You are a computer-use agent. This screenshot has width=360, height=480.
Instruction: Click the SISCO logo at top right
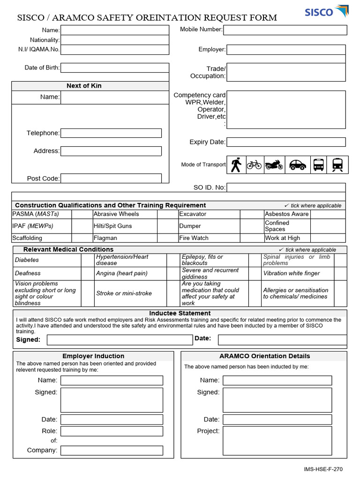tap(326, 11)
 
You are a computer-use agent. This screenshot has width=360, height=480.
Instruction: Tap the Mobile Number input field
tap(285, 30)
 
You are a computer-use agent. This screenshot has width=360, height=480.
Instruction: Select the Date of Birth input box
tap(114, 68)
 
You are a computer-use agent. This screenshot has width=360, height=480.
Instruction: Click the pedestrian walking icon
tap(236, 165)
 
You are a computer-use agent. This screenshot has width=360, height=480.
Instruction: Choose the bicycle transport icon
tap(254, 165)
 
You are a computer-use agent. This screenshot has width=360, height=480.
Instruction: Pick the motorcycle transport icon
tap(274, 165)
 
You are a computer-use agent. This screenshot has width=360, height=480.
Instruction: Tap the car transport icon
tap(297, 165)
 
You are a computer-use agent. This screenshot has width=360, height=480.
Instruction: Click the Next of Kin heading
tap(84, 86)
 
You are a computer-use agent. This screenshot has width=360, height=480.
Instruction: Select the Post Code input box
tap(111, 179)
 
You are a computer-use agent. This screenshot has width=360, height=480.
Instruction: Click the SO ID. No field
tap(286, 187)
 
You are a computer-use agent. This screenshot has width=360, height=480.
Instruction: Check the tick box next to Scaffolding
tap(82, 238)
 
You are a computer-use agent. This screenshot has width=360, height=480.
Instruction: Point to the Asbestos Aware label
tap(286, 214)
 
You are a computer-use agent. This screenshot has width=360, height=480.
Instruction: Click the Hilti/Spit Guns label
tap(112, 226)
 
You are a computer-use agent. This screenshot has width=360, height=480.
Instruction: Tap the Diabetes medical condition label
tap(27, 260)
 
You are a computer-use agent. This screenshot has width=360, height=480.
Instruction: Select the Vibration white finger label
tap(291, 273)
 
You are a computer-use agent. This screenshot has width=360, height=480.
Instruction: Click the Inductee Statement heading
tap(180, 313)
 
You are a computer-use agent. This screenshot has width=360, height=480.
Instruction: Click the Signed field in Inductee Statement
tap(120, 339)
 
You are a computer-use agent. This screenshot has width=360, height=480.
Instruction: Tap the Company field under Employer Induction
tap(112, 450)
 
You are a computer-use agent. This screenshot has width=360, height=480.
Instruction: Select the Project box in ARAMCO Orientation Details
tap(277, 441)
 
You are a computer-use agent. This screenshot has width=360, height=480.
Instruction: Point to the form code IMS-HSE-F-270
tap(323, 469)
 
